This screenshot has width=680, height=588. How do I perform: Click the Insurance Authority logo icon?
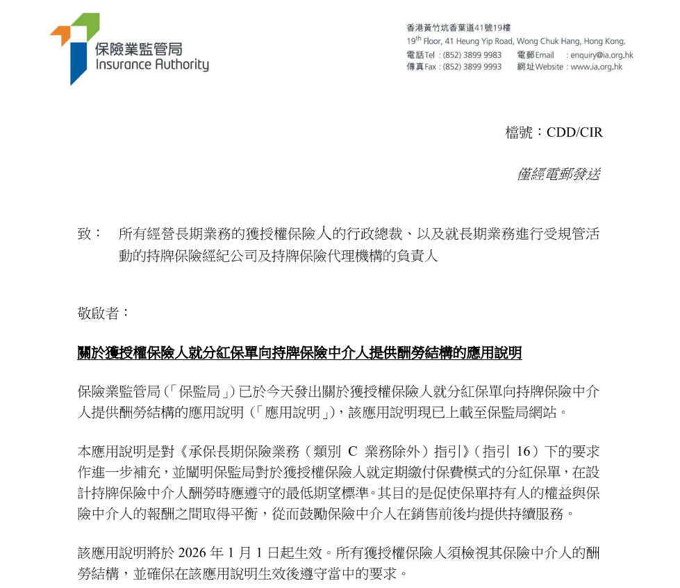coord(74,47)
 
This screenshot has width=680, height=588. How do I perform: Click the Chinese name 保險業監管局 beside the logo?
coord(138,49)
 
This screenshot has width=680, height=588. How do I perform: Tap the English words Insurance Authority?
coord(151,65)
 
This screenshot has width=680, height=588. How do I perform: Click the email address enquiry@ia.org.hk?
coord(602,55)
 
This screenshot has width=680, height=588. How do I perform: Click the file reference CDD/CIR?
coord(574,132)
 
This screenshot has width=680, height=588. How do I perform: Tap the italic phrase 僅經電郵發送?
coord(558,174)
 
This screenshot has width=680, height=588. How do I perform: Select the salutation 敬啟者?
coord(103,313)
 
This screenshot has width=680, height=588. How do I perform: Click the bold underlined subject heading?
coord(299,353)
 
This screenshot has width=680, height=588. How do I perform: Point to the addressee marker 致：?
coord(90,234)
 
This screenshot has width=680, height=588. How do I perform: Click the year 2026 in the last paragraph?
coord(192,553)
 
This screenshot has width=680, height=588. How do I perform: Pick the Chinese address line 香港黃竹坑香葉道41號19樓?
coord(458,28)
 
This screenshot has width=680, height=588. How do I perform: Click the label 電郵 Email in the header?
coord(536,55)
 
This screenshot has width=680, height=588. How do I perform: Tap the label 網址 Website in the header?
coord(540,67)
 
